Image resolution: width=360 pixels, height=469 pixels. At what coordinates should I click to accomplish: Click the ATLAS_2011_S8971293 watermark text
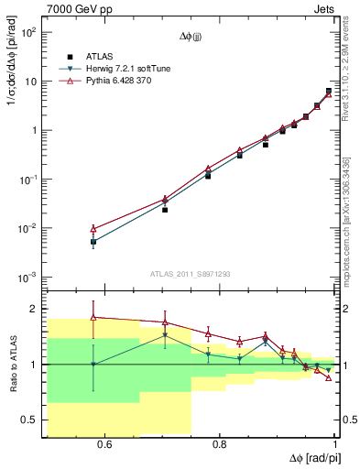(191, 274)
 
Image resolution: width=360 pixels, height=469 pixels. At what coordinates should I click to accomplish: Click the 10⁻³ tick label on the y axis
(27, 277)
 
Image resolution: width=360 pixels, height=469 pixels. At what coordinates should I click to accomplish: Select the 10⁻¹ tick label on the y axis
(27, 180)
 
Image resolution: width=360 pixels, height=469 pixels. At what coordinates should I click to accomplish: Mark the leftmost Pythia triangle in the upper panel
(93, 229)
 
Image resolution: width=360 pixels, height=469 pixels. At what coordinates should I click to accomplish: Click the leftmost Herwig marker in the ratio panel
(93, 365)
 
